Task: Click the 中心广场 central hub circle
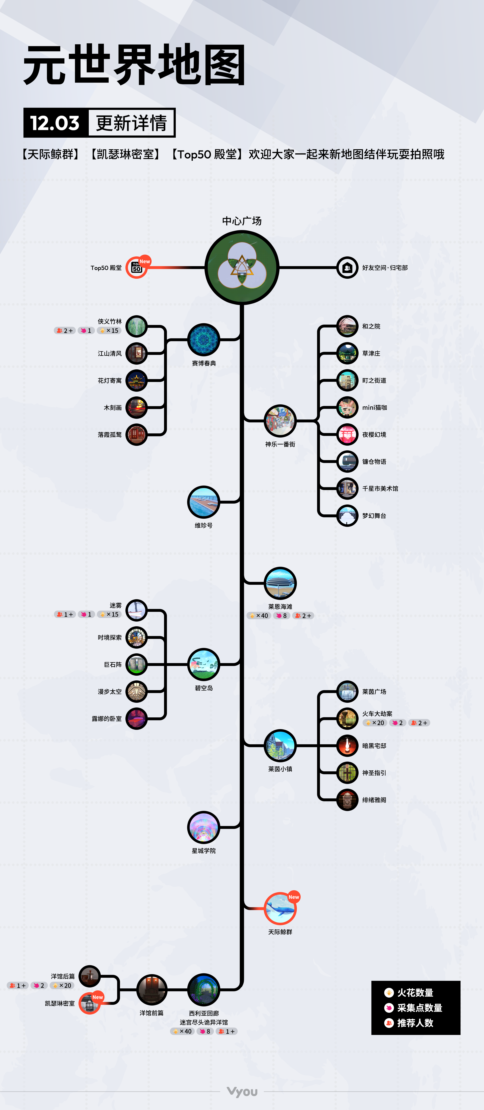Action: point(242,268)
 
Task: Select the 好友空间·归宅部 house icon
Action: point(347,268)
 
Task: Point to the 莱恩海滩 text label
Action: point(280,606)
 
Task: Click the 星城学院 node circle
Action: point(204,827)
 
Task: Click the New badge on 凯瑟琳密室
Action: point(98,997)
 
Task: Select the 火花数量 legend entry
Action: point(409,992)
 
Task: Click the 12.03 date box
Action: point(55,123)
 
